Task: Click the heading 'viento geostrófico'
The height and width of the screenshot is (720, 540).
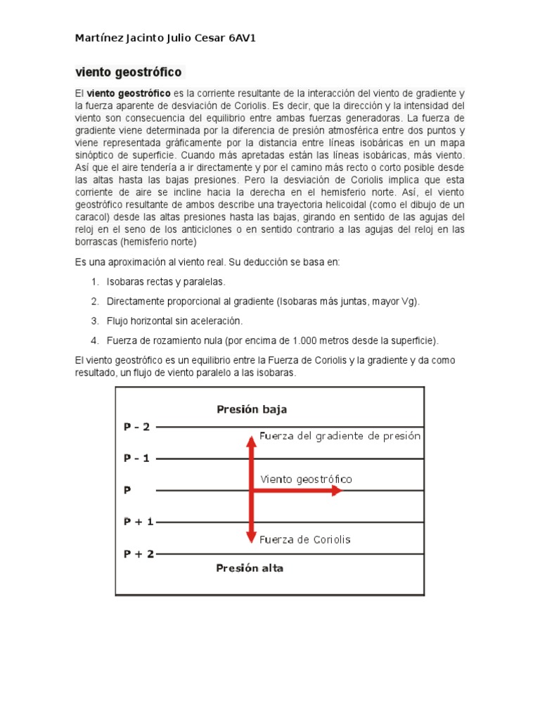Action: pyautogui.click(x=129, y=72)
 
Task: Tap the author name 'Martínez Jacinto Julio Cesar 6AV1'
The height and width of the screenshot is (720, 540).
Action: pyautogui.click(x=165, y=38)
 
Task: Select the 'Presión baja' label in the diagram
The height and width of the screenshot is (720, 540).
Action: pyautogui.click(x=251, y=409)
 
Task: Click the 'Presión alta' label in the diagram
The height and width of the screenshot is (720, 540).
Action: pyautogui.click(x=250, y=568)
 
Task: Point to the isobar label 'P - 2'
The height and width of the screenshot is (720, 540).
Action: pyautogui.click(x=137, y=426)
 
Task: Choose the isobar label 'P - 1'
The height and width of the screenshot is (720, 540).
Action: pyautogui.click(x=137, y=458)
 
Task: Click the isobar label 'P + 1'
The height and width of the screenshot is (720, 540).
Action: pyautogui.click(x=139, y=522)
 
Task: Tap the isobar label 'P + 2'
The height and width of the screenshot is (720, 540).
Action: pyautogui.click(x=139, y=553)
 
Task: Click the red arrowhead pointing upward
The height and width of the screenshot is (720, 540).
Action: pyautogui.click(x=251, y=442)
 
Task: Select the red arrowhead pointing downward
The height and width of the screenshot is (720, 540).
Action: pyautogui.click(x=251, y=537)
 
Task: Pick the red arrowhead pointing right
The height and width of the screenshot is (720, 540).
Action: pyautogui.click(x=336, y=491)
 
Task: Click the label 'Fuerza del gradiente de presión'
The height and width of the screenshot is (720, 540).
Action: pyautogui.click(x=340, y=436)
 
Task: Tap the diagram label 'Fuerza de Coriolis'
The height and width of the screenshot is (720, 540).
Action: pyautogui.click(x=304, y=540)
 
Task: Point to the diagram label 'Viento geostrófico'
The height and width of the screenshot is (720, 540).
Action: pyautogui.click(x=306, y=479)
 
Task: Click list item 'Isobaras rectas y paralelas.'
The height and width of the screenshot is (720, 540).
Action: pyautogui.click(x=166, y=281)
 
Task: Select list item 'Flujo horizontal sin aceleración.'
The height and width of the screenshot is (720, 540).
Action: pyautogui.click(x=174, y=321)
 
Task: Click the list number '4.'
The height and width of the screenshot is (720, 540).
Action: pyautogui.click(x=95, y=340)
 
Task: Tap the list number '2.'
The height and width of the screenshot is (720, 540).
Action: pyautogui.click(x=95, y=301)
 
